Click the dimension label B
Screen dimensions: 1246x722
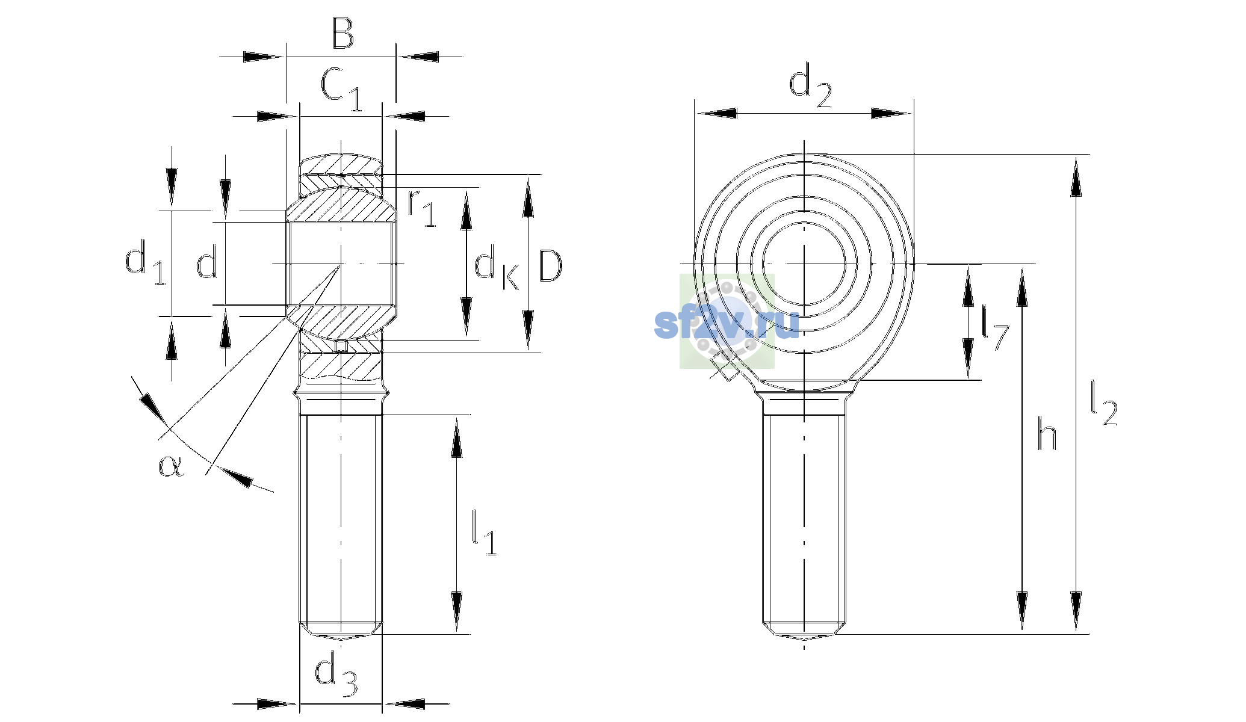[x=342, y=34]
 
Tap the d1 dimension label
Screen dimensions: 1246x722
[x=145, y=262]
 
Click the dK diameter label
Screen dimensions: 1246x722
[x=497, y=268]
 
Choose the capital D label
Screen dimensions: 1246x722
[x=550, y=266]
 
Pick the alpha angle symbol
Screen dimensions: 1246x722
[x=171, y=466]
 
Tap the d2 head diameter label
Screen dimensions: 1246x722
[x=810, y=88]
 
